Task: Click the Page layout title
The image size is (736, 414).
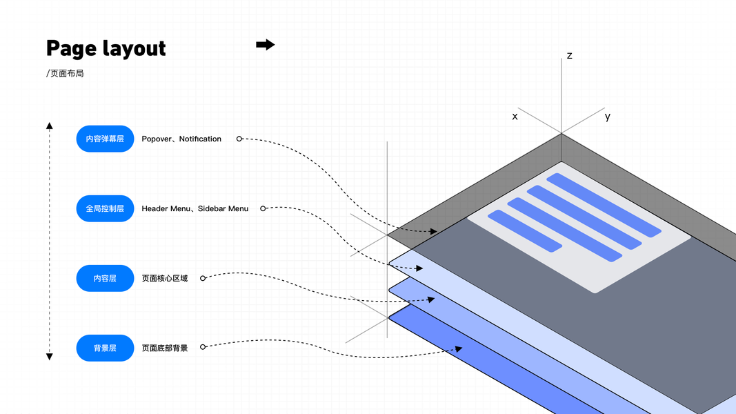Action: tap(106, 48)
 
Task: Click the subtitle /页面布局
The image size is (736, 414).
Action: tap(65, 73)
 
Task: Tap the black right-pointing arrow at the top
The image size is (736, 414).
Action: tap(266, 45)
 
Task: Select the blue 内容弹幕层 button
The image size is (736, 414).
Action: tap(105, 139)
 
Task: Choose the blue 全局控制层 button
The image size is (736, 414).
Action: tap(105, 208)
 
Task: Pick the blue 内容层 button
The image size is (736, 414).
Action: tap(105, 278)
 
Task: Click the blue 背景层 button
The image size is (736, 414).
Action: tap(105, 348)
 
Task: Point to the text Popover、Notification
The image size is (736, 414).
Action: tap(181, 139)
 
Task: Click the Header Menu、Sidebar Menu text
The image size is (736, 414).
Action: tap(195, 208)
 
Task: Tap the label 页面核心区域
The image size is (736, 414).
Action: tap(165, 278)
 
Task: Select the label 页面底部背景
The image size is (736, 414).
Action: tap(165, 348)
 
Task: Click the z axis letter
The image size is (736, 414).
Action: tap(570, 55)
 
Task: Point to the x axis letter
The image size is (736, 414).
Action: tap(515, 117)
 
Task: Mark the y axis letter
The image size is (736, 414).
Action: tap(608, 117)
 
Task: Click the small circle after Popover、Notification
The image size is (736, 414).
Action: tap(239, 139)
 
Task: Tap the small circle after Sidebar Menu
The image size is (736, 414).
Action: tap(263, 208)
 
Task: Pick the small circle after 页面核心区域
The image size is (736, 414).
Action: tap(203, 278)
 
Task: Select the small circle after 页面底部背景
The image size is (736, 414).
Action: tap(203, 347)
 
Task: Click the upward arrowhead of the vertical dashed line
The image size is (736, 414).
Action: tap(50, 126)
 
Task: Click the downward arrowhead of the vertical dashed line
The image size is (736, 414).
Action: tap(50, 356)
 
